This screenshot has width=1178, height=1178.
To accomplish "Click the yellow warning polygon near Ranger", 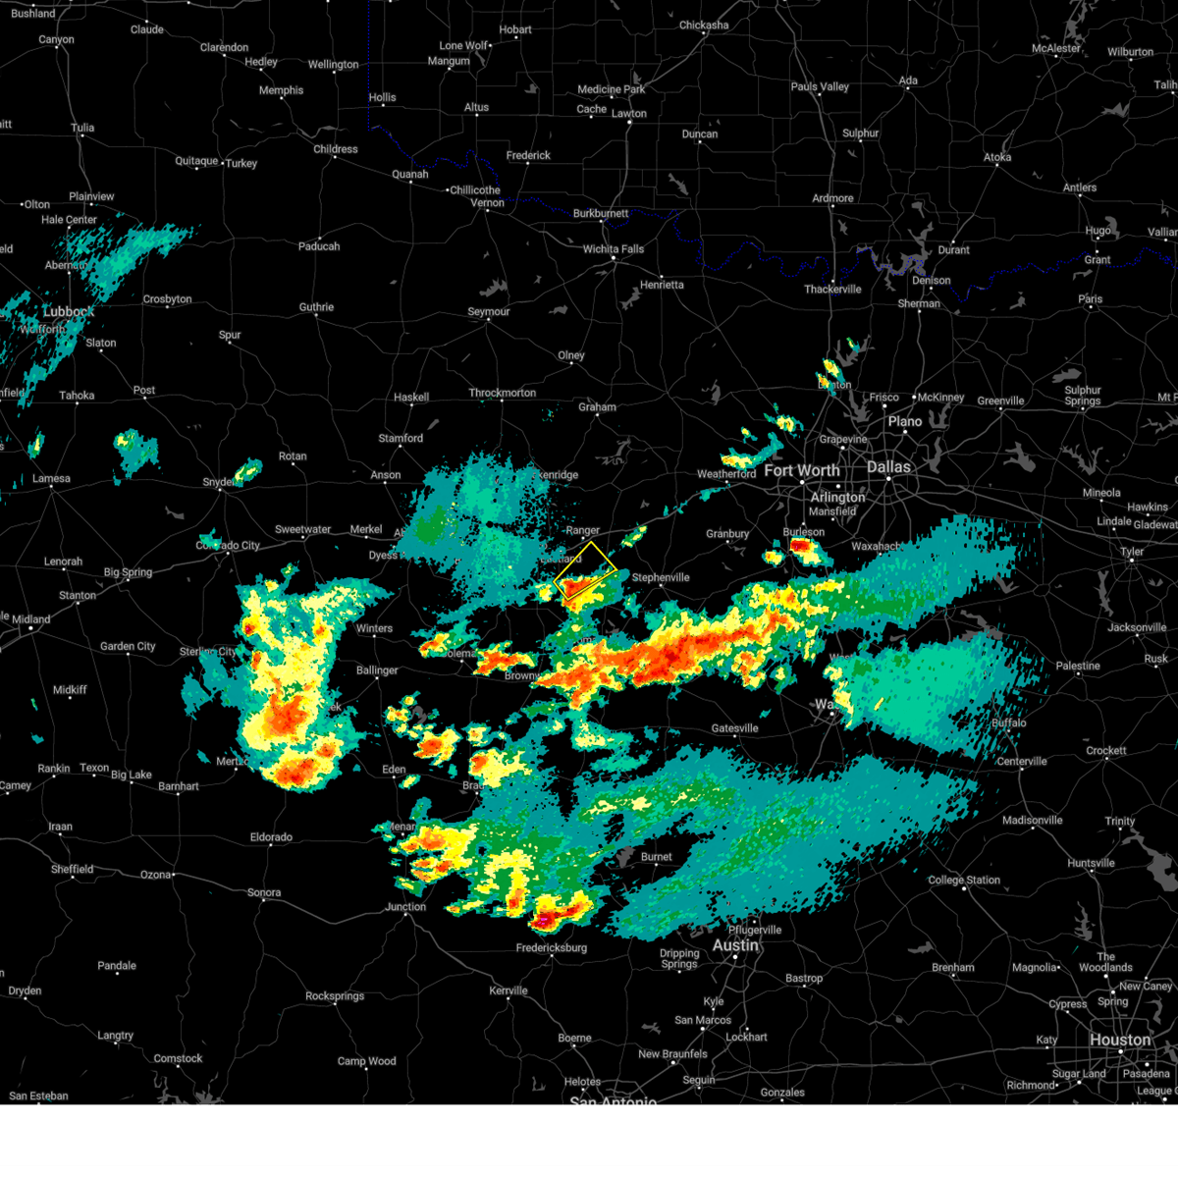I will (586, 570).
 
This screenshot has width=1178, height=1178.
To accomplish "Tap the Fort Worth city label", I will (801, 471).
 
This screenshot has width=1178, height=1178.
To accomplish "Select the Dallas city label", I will (888, 467).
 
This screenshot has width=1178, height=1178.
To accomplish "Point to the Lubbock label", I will (69, 312).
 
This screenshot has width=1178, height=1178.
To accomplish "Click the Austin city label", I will (735, 945).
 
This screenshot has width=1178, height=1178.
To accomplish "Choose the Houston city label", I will (1119, 1041).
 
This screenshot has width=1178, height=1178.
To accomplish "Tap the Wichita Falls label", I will (614, 249).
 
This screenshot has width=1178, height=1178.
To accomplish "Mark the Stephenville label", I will (661, 578).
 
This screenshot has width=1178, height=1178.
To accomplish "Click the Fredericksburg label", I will (552, 948).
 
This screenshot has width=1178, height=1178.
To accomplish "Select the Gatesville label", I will (734, 728).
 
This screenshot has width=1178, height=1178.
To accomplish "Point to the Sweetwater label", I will (302, 530).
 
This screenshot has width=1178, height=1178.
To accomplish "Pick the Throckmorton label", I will (503, 394).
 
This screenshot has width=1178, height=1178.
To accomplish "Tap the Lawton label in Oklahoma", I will (629, 114).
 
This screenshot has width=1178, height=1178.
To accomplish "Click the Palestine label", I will (1078, 667).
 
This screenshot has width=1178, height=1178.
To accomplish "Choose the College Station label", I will (964, 881).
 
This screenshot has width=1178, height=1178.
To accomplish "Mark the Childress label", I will (336, 150).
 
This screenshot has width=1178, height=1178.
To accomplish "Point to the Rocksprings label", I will (335, 996).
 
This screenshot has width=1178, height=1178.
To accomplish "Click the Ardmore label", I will (832, 198).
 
